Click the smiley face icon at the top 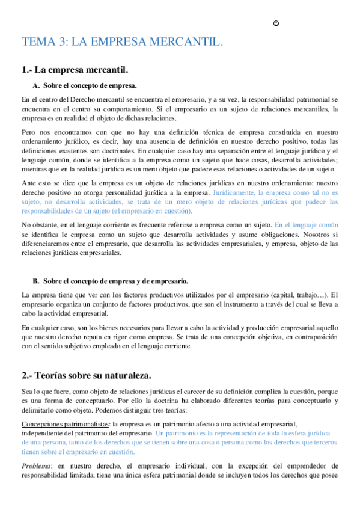click(x=276, y=23)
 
